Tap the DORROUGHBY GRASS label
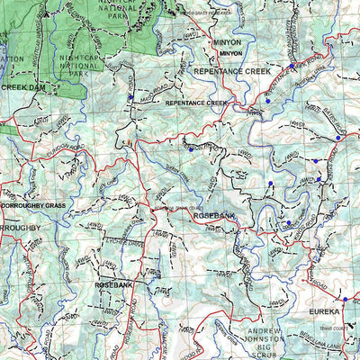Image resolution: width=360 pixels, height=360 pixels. point(33,206)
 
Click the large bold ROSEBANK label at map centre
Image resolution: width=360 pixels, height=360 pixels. point(214,216)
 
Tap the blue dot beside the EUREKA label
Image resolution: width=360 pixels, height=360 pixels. point(344,299)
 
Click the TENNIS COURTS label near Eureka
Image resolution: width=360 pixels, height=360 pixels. point(342,329)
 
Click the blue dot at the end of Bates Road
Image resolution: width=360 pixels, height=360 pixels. point(337,138)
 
